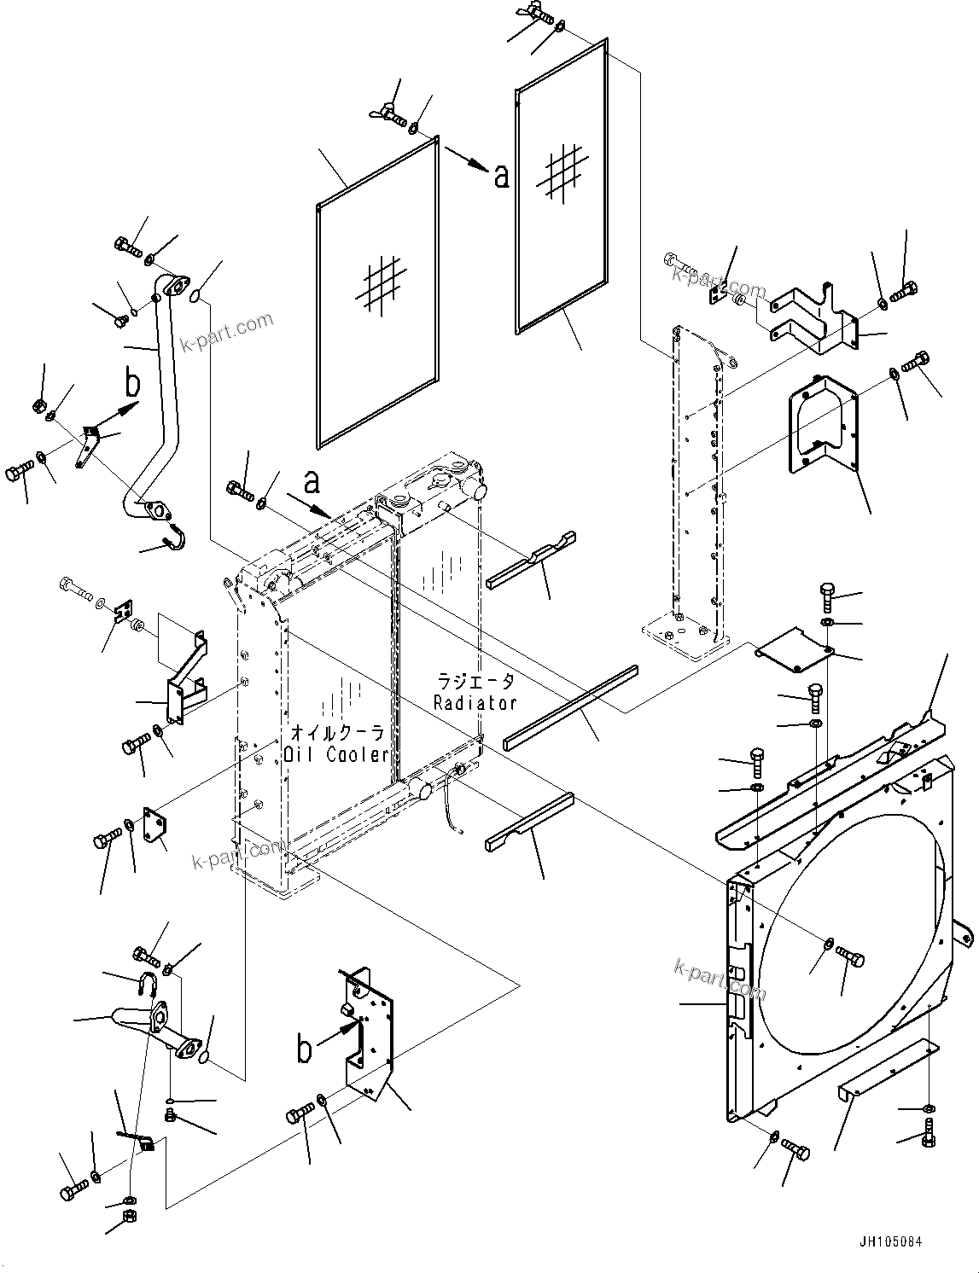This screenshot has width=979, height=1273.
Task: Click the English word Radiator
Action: tap(475, 703)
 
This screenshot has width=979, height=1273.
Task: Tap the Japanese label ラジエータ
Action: tap(475, 681)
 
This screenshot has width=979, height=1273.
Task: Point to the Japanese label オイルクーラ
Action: tap(337, 733)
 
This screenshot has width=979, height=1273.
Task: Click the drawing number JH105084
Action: tap(892, 1243)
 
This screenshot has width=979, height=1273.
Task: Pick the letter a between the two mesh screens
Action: tap(501, 176)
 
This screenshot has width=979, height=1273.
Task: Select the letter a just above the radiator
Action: tap(312, 482)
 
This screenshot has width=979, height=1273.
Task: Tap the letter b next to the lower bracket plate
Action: tap(304, 1049)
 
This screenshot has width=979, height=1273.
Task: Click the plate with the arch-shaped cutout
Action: tap(822, 422)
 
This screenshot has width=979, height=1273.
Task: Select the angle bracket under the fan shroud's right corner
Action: tap(888, 1074)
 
